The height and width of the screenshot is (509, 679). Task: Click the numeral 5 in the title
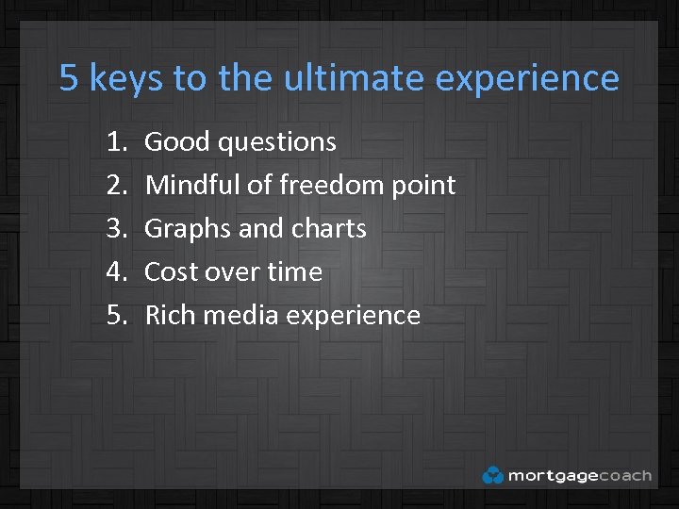tap(68, 78)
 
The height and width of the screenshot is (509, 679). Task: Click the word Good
tap(177, 142)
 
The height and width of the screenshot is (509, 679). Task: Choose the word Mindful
tap(193, 186)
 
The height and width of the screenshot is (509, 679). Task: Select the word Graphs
tap(184, 230)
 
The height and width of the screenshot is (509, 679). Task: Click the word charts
tap(329, 229)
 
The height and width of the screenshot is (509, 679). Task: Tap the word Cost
tap(172, 272)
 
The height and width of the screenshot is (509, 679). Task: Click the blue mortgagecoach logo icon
tap(492, 475)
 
